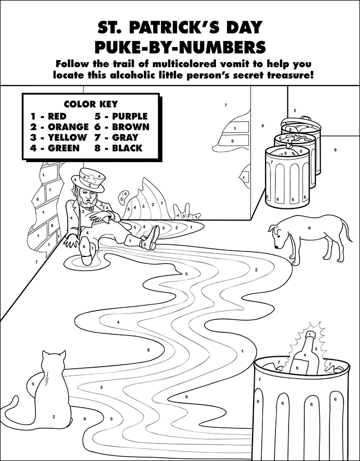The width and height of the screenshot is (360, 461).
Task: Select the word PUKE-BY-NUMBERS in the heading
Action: (x=180, y=47)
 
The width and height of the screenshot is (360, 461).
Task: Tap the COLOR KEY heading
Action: (x=91, y=104)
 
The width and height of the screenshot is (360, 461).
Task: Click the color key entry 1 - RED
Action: (x=49, y=116)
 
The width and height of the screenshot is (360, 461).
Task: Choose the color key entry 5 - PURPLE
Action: (x=121, y=116)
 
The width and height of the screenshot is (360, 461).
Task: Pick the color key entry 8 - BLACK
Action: (x=118, y=148)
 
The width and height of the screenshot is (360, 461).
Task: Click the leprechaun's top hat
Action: (x=89, y=179)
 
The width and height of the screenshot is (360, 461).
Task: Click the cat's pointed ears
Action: (x=55, y=354)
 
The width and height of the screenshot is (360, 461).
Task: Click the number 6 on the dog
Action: (x=309, y=227)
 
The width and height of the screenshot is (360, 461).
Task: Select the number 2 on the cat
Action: (x=53, y=416)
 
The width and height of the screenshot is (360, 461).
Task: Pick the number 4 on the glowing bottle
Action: (x=305, y=355)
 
